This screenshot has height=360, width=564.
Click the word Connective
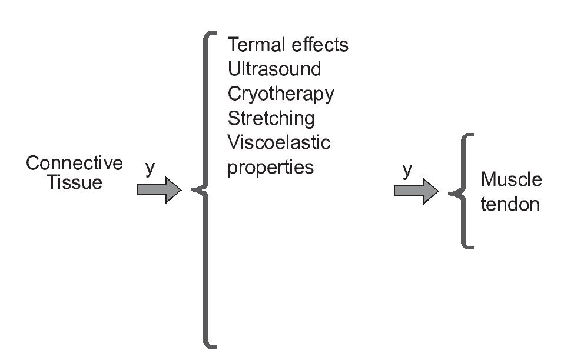74,163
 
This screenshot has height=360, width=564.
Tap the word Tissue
75,182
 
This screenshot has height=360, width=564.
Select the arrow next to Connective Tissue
158,190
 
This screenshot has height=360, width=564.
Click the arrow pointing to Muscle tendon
416,191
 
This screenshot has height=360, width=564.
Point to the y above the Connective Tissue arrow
150,169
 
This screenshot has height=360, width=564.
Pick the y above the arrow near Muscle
407,171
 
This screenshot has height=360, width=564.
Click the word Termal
254,45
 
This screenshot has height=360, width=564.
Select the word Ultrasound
274,69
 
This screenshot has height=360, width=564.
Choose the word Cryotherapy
281,94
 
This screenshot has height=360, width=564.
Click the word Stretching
271,118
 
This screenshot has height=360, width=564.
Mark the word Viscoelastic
279,142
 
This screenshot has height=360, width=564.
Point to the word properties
271,168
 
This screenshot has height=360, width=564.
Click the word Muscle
511,179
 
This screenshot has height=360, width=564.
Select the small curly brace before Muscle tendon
461,192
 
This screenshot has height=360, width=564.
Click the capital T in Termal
233,45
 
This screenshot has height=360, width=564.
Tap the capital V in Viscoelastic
234,142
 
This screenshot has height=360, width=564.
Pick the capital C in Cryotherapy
235,94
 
